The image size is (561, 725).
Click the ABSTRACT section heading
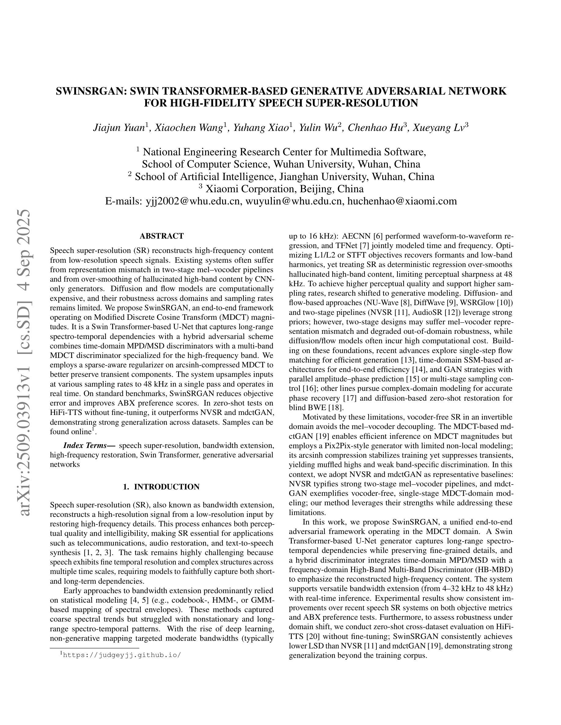162,236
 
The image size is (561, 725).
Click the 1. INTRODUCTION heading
161,487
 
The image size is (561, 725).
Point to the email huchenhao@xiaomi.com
402,201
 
